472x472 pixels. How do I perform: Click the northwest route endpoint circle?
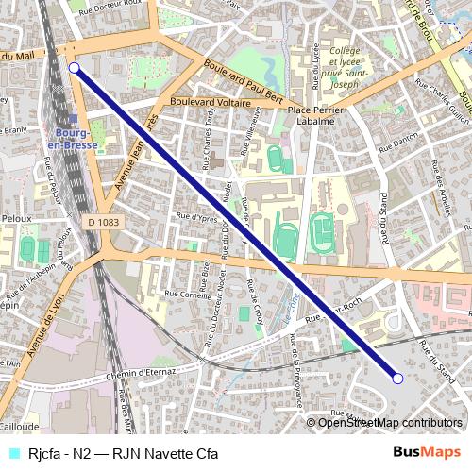74,68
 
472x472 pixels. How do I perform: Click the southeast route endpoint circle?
397,379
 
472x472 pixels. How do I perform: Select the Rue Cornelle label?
189,295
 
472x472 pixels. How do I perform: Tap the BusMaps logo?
427,452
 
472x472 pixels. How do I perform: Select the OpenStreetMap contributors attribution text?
389,423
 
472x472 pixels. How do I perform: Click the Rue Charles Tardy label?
209,132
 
